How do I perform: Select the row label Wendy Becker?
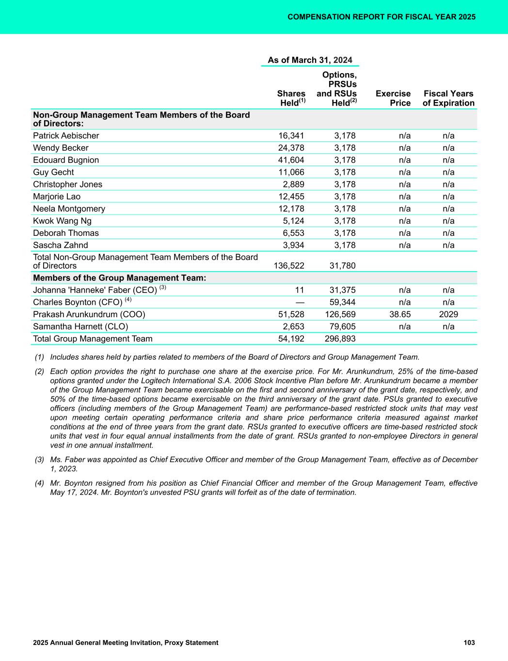(61, 148)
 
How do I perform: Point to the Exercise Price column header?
(393, 98)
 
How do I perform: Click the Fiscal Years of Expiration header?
(448, 98)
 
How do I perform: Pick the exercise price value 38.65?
(400, 314)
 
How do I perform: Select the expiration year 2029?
(448, 314)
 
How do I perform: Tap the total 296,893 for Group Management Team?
(340, 338)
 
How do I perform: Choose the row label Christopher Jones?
(67, 184)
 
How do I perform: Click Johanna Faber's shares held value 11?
(300, 290)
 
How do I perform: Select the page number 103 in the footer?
(469, 643)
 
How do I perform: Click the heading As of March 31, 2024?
(310, 60)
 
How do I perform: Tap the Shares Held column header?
(291, 98)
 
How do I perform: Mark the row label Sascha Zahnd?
(61, 245)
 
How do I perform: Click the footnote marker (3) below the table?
(39, 460)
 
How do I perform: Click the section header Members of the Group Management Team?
(119, 278)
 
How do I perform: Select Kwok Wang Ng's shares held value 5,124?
(293, 221)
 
